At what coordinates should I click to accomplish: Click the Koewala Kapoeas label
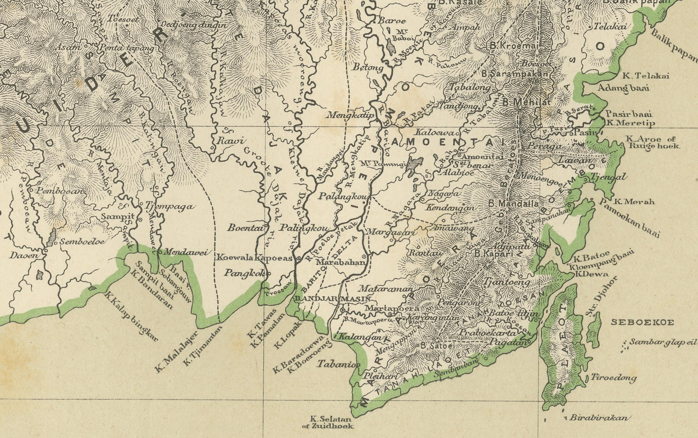pyautogui.click(x=254, y=258)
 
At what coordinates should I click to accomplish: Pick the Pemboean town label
pyautogui.click(x=59, y=191)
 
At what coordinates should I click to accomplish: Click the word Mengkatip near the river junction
pyautogui.click(x=351, y=115)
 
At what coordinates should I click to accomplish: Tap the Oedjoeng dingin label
pyautogui.click(x=194, y=25)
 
